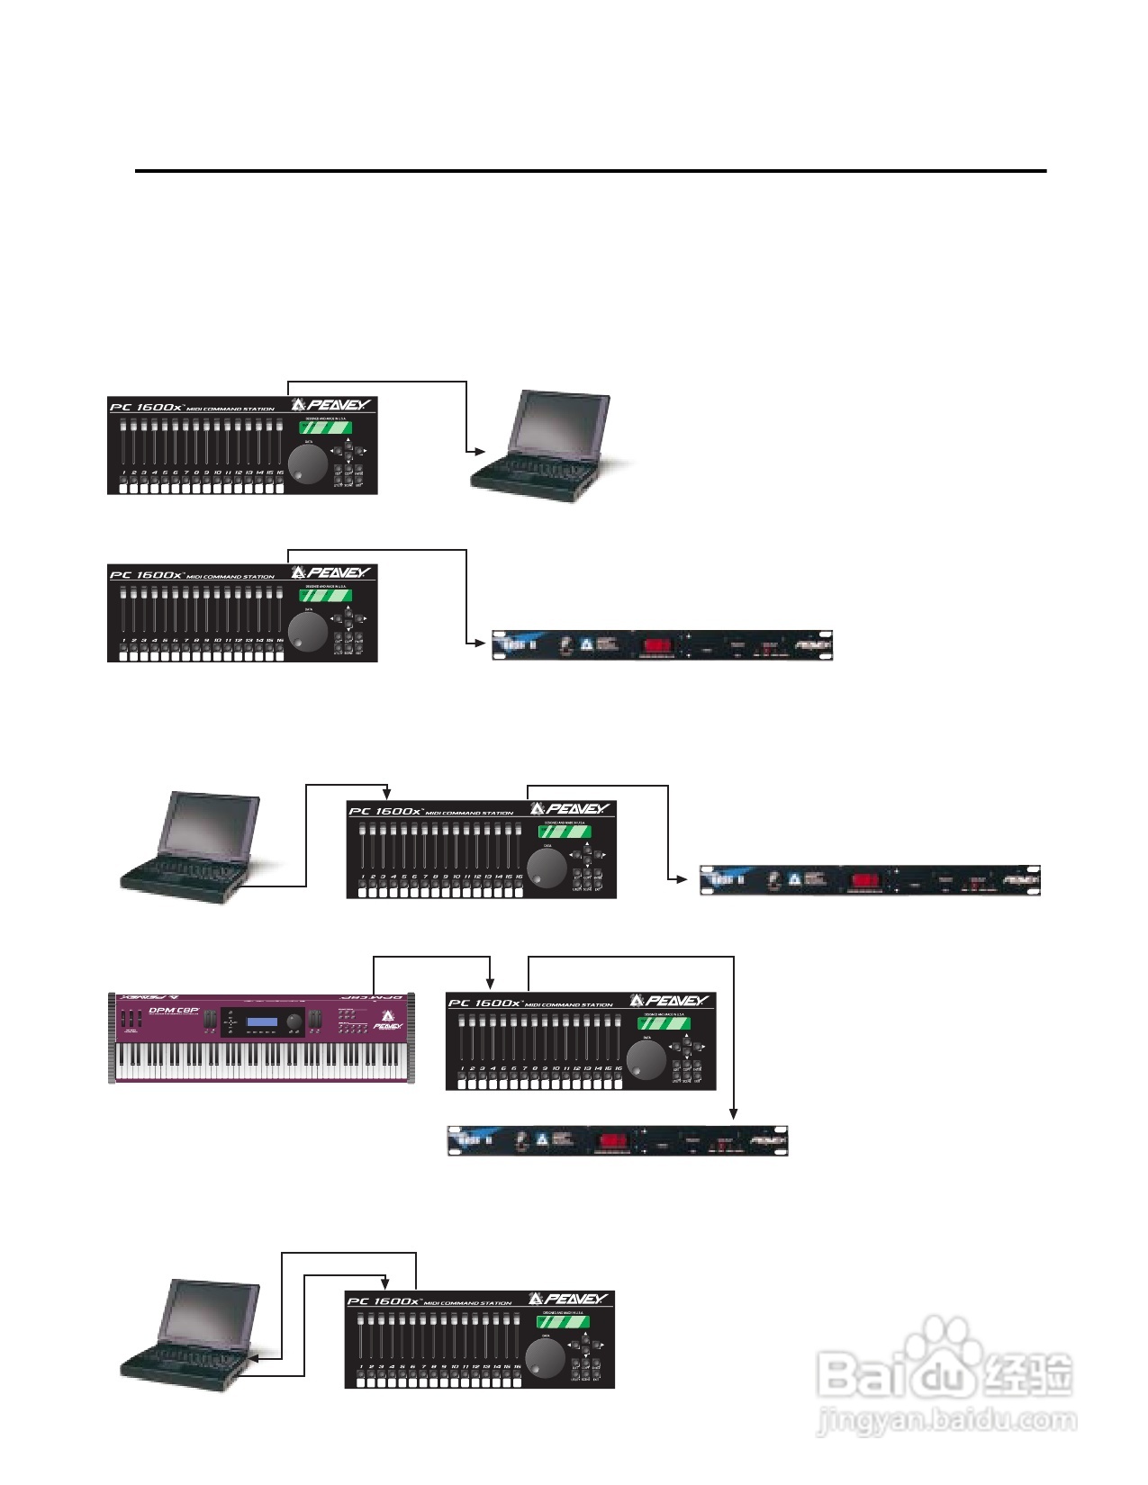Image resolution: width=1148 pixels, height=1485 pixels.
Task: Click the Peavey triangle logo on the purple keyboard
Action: pos(389,1018)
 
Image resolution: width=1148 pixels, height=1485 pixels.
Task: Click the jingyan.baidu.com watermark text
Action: pos(945,1422)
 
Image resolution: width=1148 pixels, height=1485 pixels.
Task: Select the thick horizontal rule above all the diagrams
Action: pos(590,170)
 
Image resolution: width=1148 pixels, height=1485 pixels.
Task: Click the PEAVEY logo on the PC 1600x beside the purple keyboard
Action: pos(677,1000)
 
